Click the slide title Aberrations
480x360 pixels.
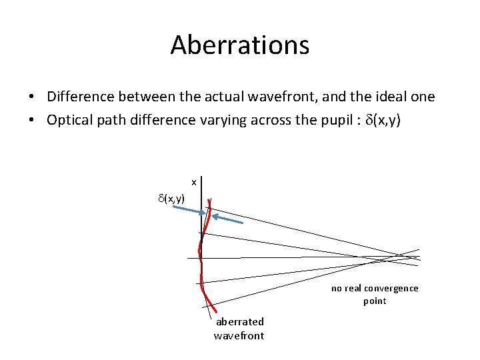coord(240,45)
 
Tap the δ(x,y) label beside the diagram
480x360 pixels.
coord(171,198)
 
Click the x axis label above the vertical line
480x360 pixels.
coord(193,182)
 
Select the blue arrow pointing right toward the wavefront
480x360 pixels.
coord(188,210)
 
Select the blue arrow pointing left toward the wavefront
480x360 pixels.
coord(228,218)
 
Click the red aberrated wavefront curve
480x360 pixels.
coord(202,267)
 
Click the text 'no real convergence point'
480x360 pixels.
coord(375,294)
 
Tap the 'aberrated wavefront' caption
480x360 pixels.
coord(239,329)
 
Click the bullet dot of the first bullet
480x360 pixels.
coord(32,97)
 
